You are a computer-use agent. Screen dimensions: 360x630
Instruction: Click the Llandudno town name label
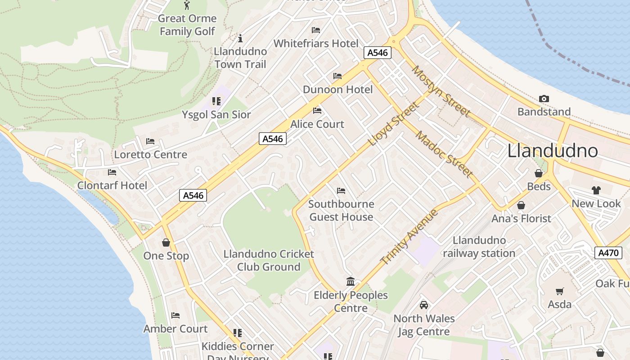click(552, 151)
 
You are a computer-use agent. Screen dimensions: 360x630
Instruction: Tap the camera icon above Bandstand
click(544, 99)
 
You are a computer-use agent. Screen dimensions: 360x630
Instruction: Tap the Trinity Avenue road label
click(409, 237)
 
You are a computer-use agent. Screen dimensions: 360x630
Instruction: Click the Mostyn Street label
click(441, 91)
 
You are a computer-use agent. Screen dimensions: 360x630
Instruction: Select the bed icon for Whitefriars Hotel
click(316, 30)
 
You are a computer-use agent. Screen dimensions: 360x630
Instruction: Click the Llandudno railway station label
click(479, 247)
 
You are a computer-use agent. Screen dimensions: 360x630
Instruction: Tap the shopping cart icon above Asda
click(559, 291)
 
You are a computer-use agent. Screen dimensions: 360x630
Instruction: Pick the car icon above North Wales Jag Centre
click(423, 305)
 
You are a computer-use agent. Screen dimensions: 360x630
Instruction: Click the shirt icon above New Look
click(596, 190)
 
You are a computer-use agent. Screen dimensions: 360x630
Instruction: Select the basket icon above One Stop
click(166, 243)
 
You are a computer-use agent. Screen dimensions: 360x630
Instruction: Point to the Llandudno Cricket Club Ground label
click(269, 260)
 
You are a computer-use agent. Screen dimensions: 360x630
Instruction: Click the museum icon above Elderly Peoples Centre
click(351, 282)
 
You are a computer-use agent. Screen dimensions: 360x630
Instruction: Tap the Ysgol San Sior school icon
click(216, 101)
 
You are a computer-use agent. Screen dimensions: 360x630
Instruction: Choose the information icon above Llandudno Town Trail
click(240, 38)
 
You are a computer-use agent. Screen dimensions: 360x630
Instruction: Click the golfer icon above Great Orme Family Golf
click(187, 5)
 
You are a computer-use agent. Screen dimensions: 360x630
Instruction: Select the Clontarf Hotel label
click(112, 185)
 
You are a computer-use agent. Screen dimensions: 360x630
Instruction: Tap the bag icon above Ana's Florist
click(521, 205)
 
